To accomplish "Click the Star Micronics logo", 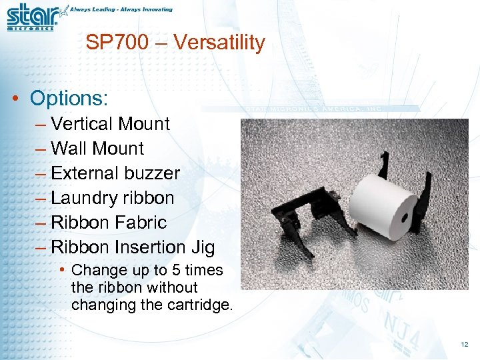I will (32, 16).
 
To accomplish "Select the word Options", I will (69, 99).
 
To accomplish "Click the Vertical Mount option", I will (110, 124).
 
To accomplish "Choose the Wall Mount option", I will (97, 149).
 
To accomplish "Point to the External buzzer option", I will (115, 173).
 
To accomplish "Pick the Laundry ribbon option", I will (112, 198).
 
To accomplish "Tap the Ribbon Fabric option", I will (109, 223).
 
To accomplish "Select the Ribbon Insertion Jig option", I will (133, 247).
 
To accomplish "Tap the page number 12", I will (464, 344).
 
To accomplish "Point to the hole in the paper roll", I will (405, 217).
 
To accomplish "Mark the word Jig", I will (202, 247).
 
